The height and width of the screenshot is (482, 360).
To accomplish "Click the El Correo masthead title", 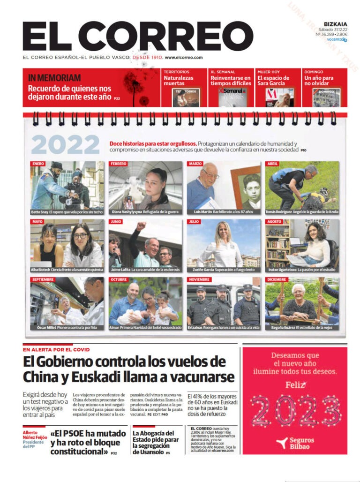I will tap(137, 37).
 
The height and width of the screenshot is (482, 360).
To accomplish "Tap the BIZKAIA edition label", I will tap(335, 23).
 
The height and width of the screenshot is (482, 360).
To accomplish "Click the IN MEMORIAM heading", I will tap(54, 78).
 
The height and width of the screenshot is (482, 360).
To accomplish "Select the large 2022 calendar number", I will tap(66, 145).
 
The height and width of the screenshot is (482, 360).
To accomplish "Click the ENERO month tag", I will tap(38, 164).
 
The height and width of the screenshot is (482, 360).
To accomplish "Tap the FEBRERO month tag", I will tap(119, 164).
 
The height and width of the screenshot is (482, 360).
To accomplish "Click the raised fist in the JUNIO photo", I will tap(139, 226).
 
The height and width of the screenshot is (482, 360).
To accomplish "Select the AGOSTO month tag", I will tap(275, 221).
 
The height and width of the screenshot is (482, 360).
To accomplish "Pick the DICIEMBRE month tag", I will tap(277, 279).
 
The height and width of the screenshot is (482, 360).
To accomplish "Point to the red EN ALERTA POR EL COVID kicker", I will tap(56, 350).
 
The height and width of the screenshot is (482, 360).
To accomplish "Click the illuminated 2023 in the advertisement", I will tap(295, 411).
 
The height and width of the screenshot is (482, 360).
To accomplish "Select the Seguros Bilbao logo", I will tap(295, 443).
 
